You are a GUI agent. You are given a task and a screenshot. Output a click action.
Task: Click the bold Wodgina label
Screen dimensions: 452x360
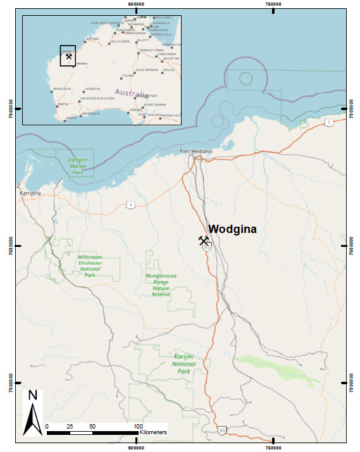[x=233, y=229]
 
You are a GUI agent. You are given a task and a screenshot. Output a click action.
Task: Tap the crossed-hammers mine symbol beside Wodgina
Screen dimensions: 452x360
[x=204, y=241]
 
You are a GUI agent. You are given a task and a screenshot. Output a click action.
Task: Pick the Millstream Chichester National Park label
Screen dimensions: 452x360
[x=90, y=267]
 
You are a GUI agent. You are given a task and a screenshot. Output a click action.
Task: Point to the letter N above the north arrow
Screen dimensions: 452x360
[x=33, y=396]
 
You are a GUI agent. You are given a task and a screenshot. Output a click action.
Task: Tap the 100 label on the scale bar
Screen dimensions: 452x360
[x=139, y=425]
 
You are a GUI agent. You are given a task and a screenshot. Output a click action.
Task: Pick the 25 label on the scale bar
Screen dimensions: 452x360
[x=70, y=425]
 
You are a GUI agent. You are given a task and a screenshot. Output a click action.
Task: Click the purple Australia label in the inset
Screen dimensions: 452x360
[x=132, y=93]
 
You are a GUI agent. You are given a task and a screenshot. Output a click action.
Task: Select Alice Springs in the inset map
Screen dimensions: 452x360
[x=147, y=70]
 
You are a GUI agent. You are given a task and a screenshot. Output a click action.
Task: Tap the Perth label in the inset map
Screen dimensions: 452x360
[x=63, y=104]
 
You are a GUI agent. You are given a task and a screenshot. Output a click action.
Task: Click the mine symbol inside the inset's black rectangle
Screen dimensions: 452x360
[x=68, y=56]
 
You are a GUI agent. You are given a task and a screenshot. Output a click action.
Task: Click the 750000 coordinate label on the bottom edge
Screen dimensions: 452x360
[x=274, y=447]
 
